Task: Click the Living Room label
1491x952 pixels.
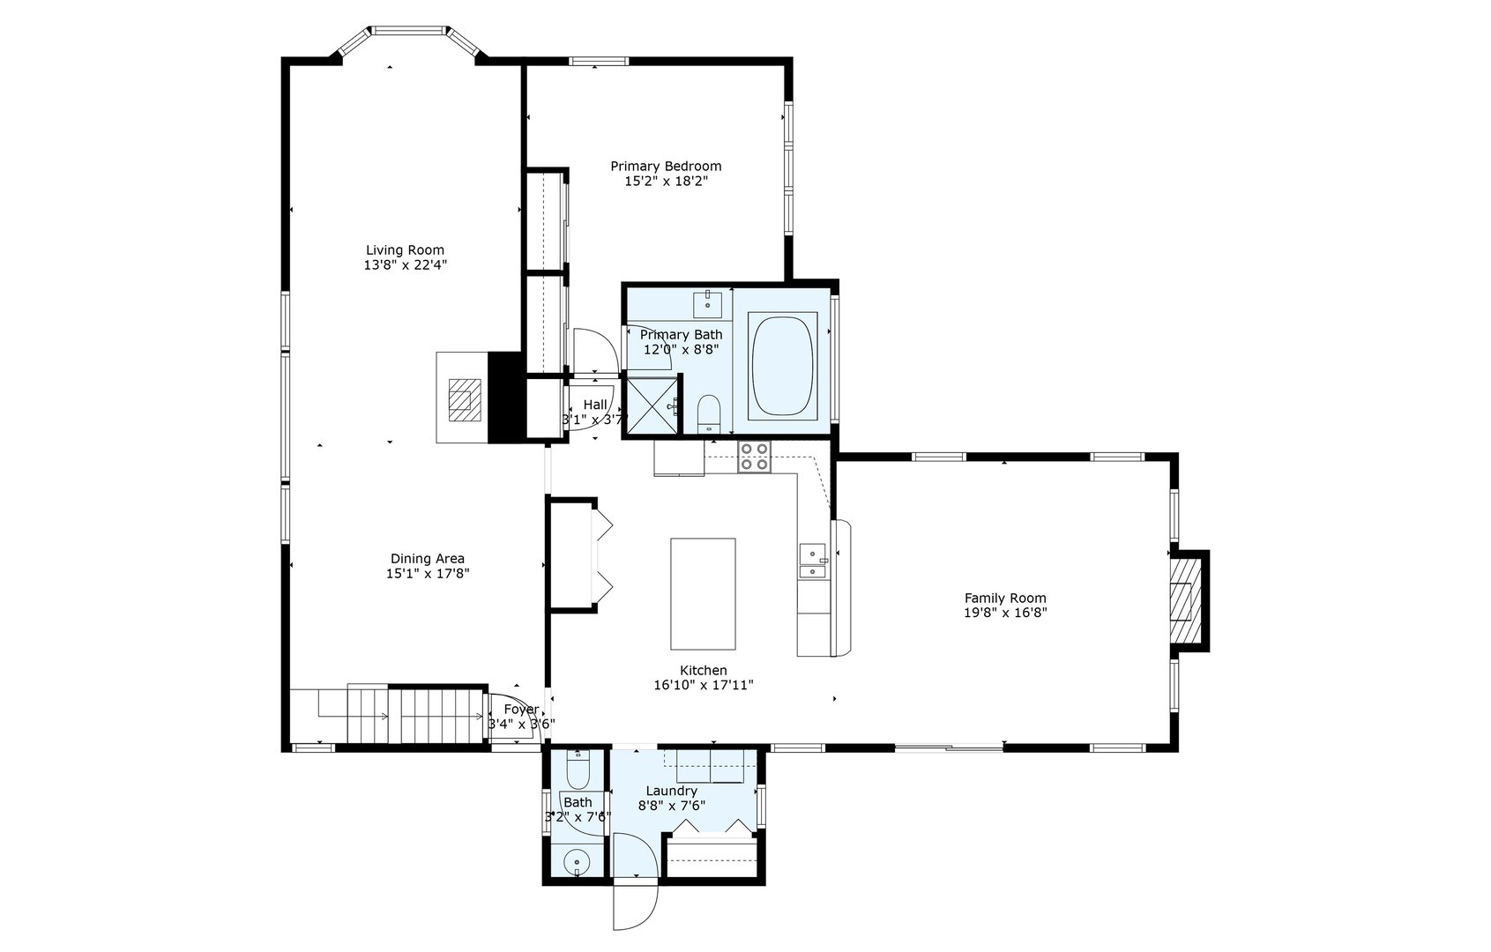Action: coord(405,249)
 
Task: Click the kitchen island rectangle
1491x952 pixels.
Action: coord(703,593)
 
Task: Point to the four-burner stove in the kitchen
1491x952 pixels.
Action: coord(754,457)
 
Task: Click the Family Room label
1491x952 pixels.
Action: coord(1004,598)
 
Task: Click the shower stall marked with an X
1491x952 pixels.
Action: coord(652,405)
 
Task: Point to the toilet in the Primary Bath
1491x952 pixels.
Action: coord(709,413)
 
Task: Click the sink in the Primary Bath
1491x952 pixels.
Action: coord(707,304)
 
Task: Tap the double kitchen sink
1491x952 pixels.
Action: coord(812,562)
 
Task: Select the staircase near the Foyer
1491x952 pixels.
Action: coord(414,715)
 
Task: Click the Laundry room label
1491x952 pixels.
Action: coord(671,791)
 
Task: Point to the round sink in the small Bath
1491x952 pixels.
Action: coord(576,859)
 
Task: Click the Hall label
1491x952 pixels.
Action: coord(594,405)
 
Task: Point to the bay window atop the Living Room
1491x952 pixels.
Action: coord(408,33)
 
